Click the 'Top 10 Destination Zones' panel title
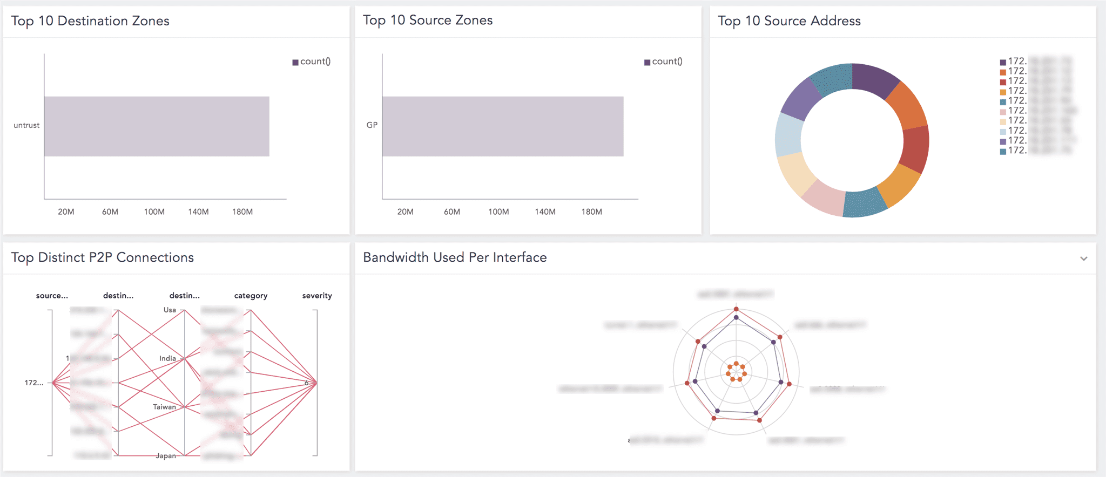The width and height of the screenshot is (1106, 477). click(x=90, y=21)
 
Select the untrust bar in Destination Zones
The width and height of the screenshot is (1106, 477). click(x=157, y=126)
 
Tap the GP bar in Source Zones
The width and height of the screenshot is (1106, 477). click(x=502, y=126)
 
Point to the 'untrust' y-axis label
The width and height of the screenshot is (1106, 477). click(x=26, y=125)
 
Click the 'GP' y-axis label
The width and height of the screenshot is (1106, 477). click(x=372, y=125)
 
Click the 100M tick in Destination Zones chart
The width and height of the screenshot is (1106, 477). click(x=154, y=212)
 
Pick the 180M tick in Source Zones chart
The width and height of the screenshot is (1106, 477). click(x=591, y=212)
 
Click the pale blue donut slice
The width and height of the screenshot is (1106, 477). click(x=788, y=134)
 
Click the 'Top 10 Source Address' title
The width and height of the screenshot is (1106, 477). click(x=789, y=21)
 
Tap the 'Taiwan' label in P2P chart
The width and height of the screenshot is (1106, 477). click(x=164, y=407)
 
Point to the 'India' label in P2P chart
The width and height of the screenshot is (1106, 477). click(x=167, y=358)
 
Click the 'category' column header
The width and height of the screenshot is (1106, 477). click(x=251, y=296)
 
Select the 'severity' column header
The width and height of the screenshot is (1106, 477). click(x=317, y=296)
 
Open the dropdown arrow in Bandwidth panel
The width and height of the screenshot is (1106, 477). click(x=1083, y=258)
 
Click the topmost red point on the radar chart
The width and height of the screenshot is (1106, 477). click(x=736, y=309)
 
